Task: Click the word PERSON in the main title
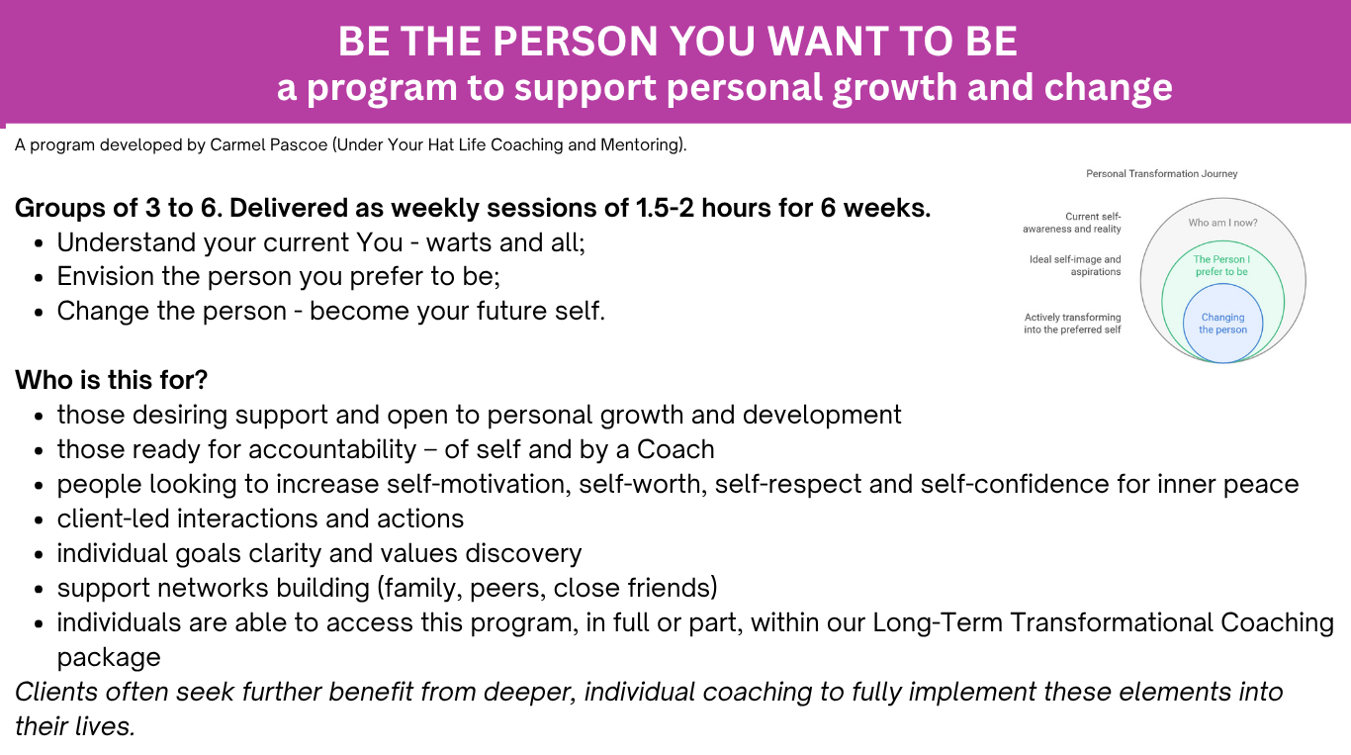[x=575, y=41]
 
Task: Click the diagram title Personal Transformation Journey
[x=1162, y=174]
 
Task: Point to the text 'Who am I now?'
[x=1222, y=223]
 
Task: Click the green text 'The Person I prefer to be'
[x=1221, y=265]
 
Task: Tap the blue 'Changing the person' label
[x=1222, y=324]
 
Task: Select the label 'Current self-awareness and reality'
[x=1072, y=223]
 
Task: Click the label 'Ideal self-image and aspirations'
[x=1075, y=265]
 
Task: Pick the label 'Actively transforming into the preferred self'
[x=1072, y=324]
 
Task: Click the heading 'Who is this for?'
[x=111, y=380]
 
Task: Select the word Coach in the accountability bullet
[x=675, y=449]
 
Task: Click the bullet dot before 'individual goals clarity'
[x=40, y=555]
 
